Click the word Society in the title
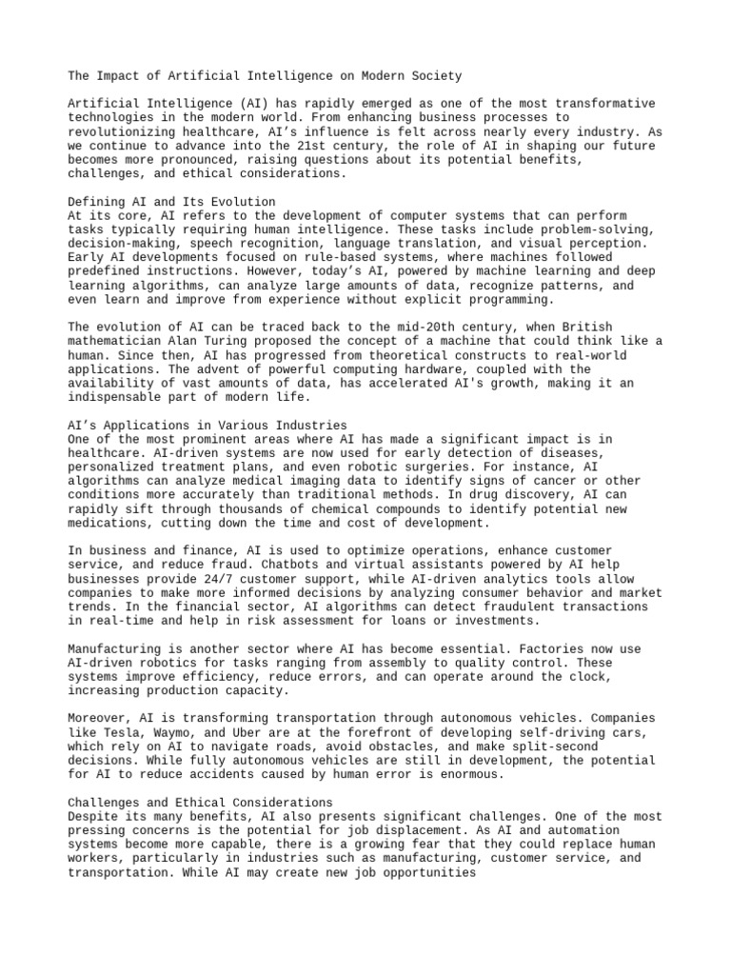click(436, 75)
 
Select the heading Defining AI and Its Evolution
click(172, 202)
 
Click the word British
click(587, 327)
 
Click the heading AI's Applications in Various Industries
click(207, 425)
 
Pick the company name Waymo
click(176, 733)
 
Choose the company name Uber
click(247, 733)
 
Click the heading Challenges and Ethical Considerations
click(200, 803)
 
